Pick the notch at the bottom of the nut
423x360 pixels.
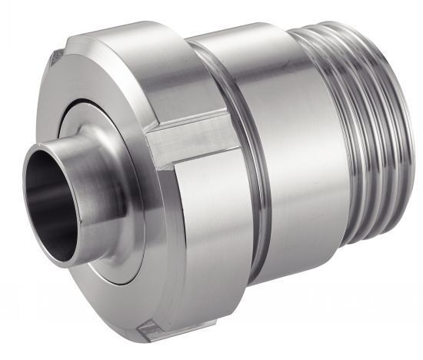point(151,332)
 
